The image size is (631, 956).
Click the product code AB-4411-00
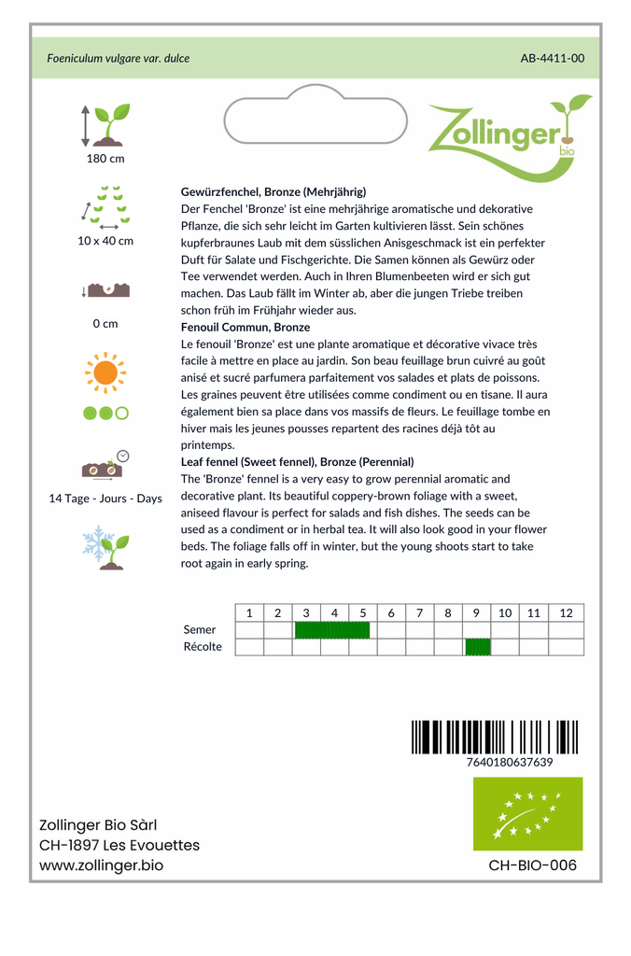(553, 59)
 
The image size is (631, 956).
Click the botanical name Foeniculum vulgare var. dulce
(119, 59)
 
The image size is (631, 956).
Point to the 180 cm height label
(105, 159)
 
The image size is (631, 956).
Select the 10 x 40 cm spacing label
(105, 241)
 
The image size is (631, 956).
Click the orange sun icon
(105, 373)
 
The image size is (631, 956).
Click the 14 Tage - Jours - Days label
(105, 499)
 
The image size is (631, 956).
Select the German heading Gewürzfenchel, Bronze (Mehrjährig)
(273, 192)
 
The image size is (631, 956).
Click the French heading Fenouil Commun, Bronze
(245, 328)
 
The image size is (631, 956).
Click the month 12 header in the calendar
(566, 613)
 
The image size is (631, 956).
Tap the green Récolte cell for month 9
(477, 647)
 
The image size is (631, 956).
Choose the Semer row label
(200, 630)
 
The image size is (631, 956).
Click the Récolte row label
(203, 647)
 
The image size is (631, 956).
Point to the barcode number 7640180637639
(509, 763)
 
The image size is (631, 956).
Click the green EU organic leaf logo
(527, 813)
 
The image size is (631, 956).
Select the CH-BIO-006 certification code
(532, 865)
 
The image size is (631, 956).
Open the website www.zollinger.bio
(101, 865)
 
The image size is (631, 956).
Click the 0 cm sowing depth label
(105, 324)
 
